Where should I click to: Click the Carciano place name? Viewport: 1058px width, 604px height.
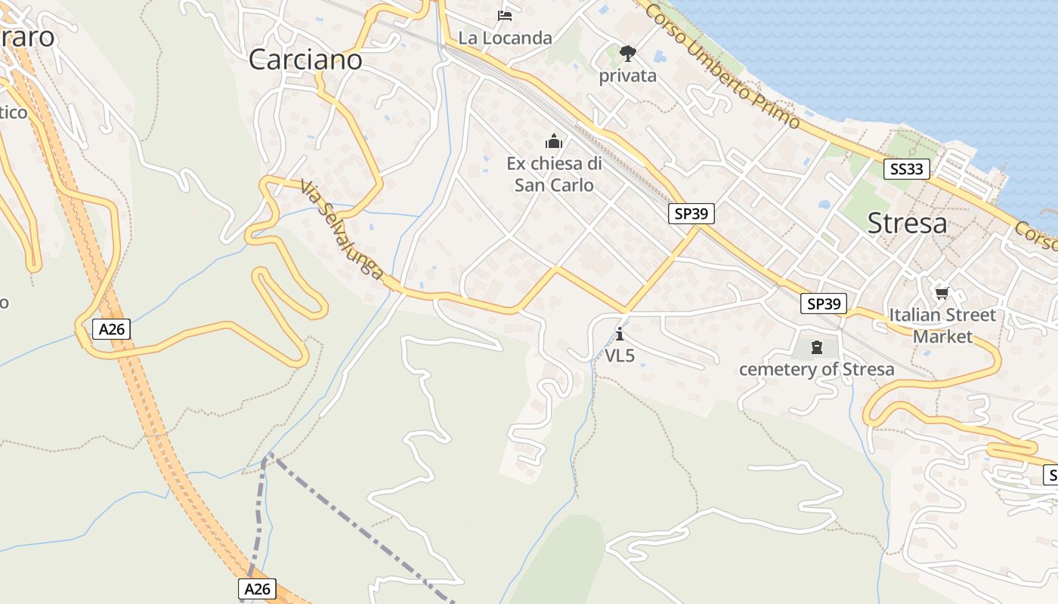(305, 59)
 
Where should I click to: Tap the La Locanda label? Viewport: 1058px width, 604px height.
(505, 38)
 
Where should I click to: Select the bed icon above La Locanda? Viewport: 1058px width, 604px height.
(505, 15)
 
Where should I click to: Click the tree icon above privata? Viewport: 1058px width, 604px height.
(627, 53)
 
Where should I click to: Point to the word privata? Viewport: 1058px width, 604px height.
(627, 76)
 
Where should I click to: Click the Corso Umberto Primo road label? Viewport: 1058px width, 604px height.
(722, 65)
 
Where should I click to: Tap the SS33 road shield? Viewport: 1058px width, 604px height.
(906, 169)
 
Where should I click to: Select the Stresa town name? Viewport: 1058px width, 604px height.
(907, 223)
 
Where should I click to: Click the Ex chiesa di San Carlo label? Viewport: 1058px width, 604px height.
(554, 174)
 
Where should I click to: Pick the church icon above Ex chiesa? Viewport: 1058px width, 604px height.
(554, 141)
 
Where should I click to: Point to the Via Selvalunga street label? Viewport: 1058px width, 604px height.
(342, 229)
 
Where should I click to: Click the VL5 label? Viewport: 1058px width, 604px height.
(620, 356)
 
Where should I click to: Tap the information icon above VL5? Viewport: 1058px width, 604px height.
(620, 333)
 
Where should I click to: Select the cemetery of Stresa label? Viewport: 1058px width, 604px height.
(816, 369)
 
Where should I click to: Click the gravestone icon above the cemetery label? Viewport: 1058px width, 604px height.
(816, 347)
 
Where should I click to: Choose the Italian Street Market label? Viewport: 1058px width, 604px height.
(942, 325)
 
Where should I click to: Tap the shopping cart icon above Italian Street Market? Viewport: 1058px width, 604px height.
(942, 293)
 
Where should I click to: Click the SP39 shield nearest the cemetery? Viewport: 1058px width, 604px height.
(824, 304)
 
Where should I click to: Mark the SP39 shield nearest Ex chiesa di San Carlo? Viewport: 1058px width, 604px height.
(691, 214)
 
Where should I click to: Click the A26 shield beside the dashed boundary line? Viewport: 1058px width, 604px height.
(258, 589)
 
